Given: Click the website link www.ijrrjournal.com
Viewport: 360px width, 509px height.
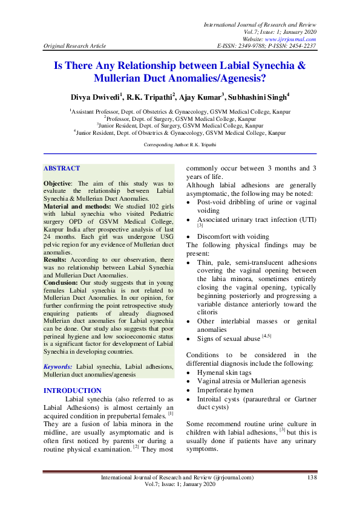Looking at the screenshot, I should pos(289,39).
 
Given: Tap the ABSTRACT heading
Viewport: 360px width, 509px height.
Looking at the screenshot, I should pos(62,170).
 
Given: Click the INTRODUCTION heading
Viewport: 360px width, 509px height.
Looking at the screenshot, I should pos(73,391).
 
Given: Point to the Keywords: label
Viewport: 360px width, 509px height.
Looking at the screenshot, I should pos(59,367).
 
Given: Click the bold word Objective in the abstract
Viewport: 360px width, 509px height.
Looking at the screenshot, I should pos(58,183).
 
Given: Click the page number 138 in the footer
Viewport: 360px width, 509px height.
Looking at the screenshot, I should pos(312,478).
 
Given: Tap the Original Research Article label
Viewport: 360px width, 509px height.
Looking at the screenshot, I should pos(74,46).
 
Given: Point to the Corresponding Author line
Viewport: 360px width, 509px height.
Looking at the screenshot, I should pos(180,145).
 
